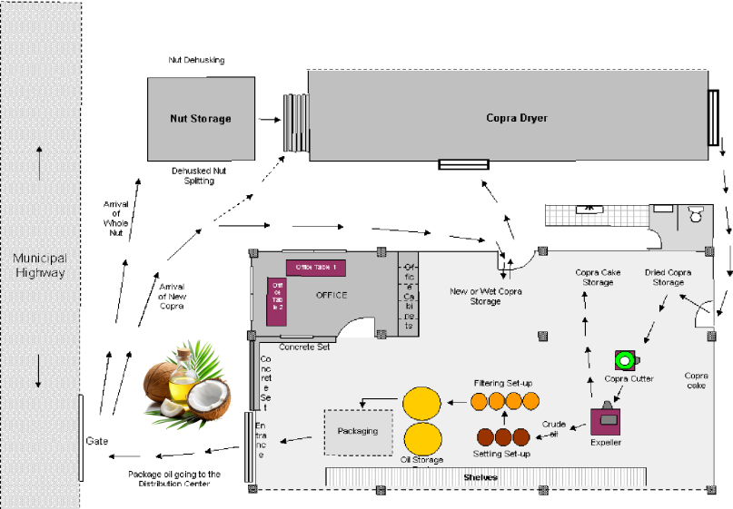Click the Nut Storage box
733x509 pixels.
click(201, 118)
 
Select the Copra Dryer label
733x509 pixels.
click(517, 118)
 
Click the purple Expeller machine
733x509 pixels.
click(605, 421)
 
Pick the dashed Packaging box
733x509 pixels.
click(358, 431)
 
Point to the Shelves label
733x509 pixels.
click(480, 477)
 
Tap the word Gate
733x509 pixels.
click(97, 441)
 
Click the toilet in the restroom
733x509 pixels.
click(696, 215)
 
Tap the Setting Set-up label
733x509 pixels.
click(502, 453)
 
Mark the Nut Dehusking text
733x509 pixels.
click(196, 60)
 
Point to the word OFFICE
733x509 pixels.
click(332, 296)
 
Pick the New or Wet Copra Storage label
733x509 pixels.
click(486, 297)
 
